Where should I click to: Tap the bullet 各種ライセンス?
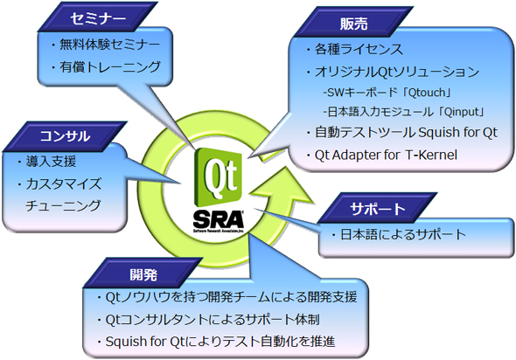point(359,48)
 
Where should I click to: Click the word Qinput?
point(464,110)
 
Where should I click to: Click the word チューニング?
point(66,206)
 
